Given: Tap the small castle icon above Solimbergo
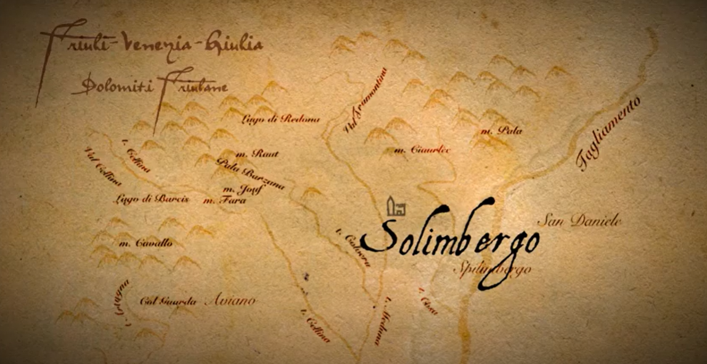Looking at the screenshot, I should point(395,207).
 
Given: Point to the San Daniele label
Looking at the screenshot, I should point(580,221).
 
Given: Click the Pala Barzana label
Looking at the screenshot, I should point(250,174).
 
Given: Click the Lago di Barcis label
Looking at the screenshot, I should point(151,199).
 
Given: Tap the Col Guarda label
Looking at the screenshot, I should point(168,302).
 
